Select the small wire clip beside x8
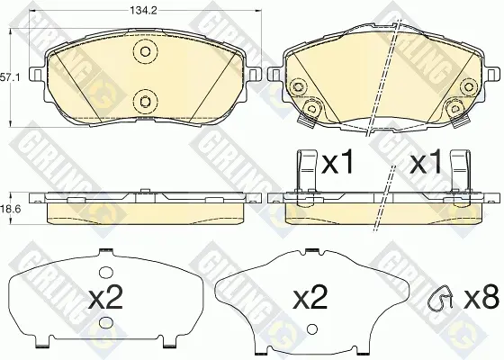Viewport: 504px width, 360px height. [440, 297]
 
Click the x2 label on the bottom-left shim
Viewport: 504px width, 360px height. [105, 298]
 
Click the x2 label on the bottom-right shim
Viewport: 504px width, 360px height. [310, 297]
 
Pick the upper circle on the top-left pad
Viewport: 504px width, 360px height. [146, 52]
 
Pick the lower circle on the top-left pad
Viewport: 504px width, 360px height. [146, 102]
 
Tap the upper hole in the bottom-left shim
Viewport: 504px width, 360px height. [103, 273]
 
